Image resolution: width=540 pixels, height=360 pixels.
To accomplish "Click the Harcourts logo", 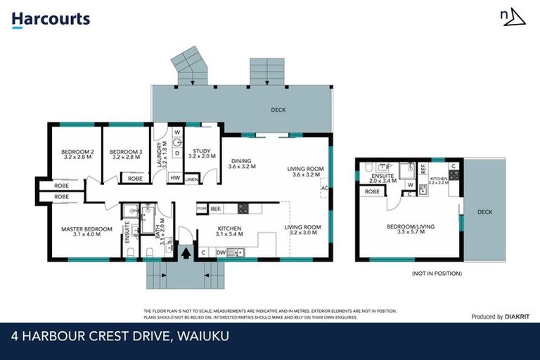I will (51, 19).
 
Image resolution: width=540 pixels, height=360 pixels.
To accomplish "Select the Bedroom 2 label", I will (77, 155).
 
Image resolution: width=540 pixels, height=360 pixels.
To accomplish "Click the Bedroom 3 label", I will (126, 155).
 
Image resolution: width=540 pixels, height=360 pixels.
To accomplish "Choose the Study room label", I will (202, 154).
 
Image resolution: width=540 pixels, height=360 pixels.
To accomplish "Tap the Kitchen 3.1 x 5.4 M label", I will (229, 231).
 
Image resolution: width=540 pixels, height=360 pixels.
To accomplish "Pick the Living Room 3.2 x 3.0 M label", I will (302, 230).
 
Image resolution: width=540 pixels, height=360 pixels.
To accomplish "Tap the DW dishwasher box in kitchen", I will (221, 252).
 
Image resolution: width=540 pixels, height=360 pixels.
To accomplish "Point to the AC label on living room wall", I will (324, 188).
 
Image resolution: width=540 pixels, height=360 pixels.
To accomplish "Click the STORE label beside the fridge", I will (201, 209).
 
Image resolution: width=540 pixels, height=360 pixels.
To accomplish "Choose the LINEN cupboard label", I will (191, 179).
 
